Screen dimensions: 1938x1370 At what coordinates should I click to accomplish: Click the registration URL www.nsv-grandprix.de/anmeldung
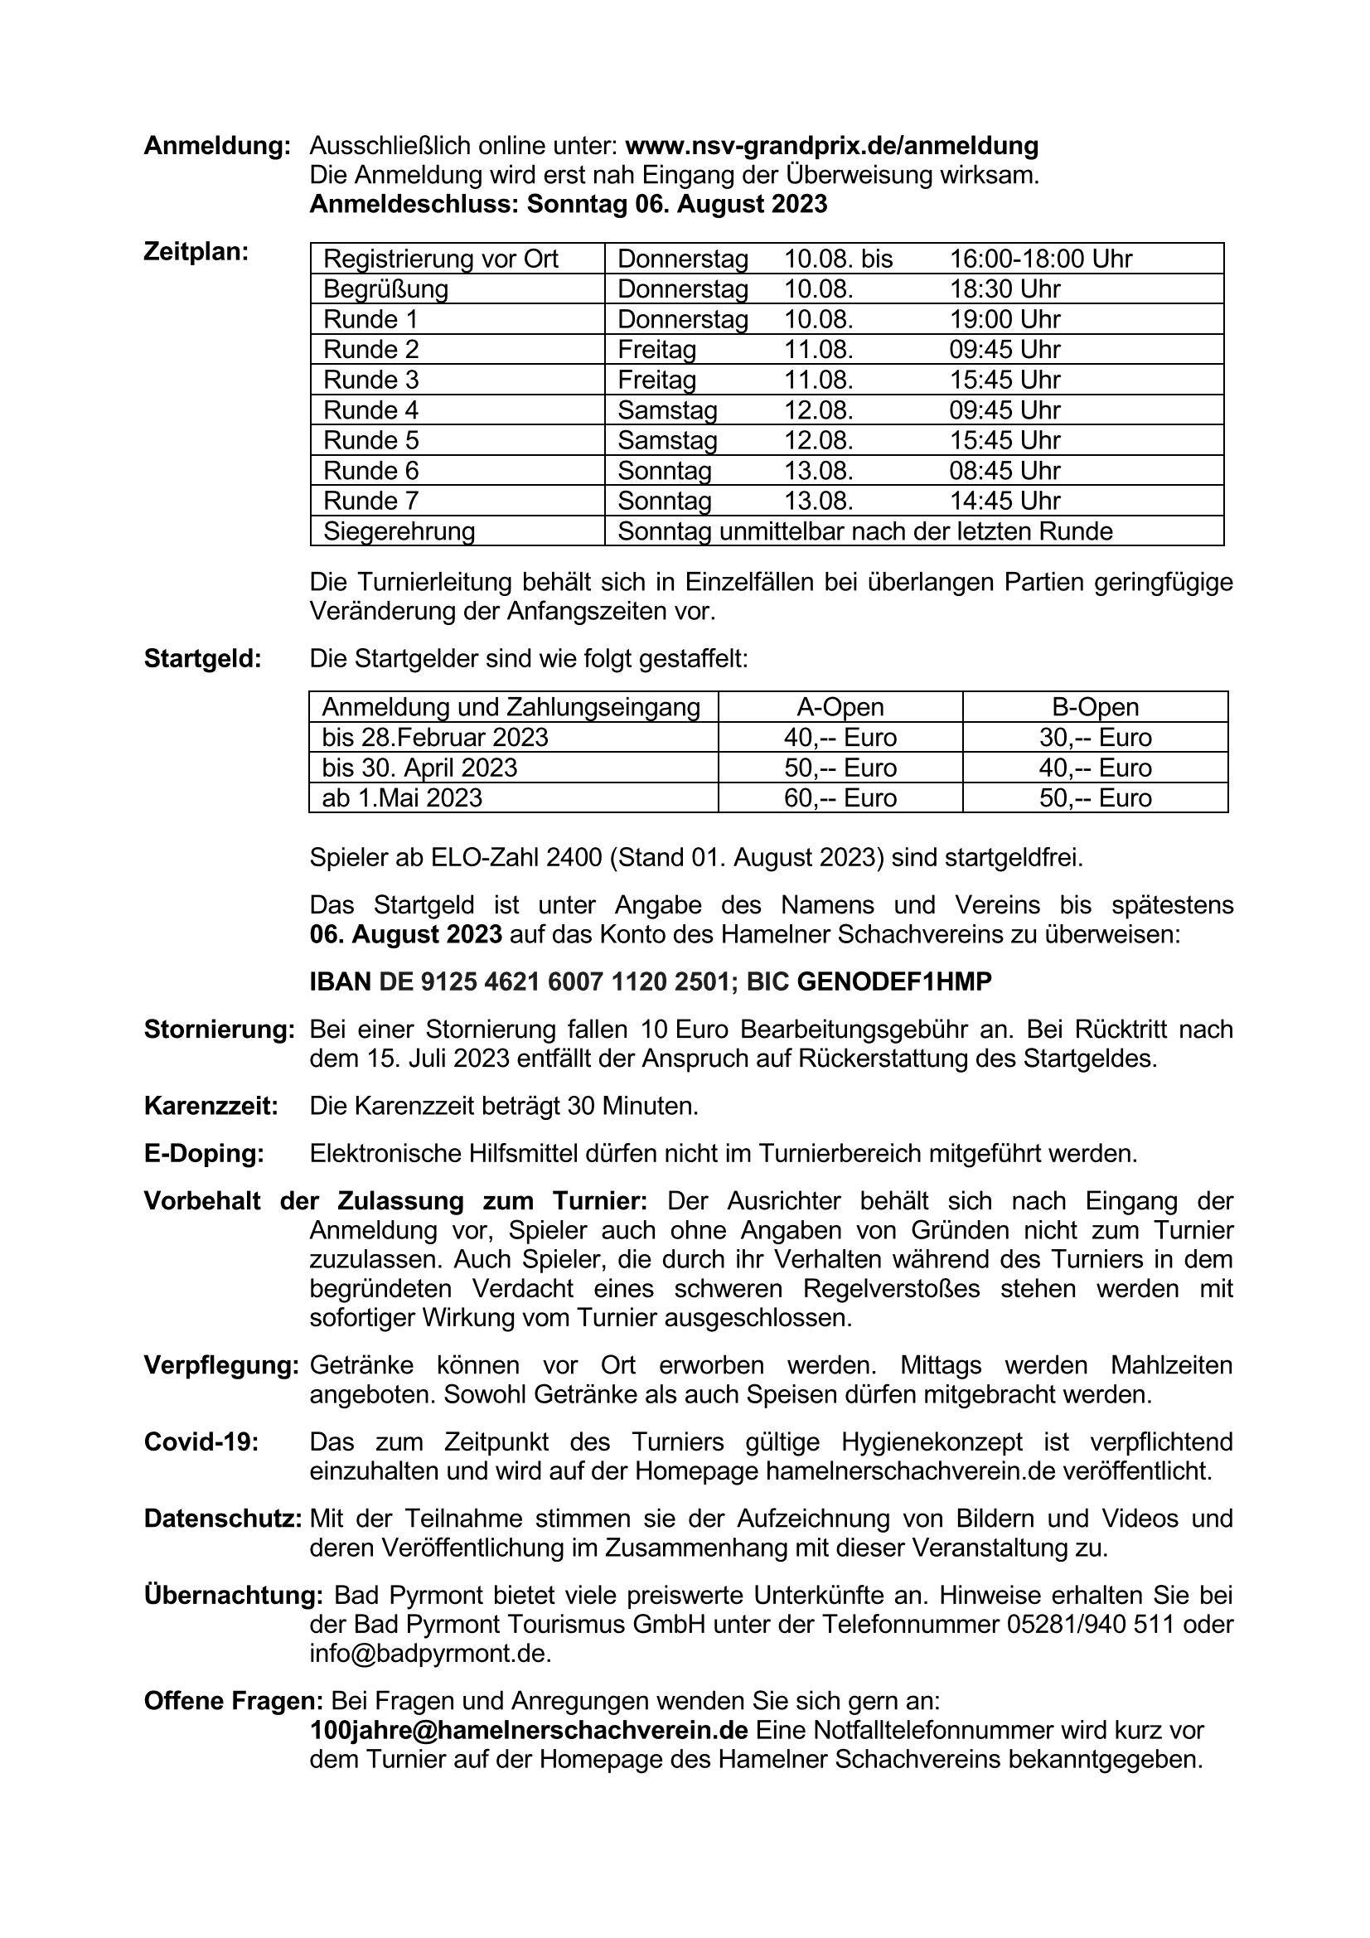[x=830, y=146]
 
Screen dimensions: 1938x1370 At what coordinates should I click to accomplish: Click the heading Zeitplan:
[x=196, y=251]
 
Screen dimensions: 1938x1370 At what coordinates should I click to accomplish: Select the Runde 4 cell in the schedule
[x=370, y=410]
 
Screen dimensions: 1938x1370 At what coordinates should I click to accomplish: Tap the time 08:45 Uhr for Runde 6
[x=1005, y=470]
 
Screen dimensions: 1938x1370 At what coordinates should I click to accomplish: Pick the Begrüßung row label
[x=385, y=288]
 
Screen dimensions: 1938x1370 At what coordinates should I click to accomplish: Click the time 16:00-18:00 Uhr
[x=1041, y=259]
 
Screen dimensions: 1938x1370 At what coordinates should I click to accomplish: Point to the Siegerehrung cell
[x=399, y=531]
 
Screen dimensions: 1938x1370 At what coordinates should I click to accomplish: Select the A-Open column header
[x=840, y=706]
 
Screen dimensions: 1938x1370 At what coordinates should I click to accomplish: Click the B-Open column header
[x=1095, y=706]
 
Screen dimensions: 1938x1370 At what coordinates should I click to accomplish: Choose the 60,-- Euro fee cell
[x=840, y=797]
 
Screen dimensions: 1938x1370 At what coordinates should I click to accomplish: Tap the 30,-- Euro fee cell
[x=1095, y=737]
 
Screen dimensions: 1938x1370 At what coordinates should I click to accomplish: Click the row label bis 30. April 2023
[x=419, y=768]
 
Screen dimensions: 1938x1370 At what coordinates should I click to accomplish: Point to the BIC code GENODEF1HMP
[x=894, y=981]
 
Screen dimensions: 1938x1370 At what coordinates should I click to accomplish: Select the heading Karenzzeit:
[x=211, y=1106]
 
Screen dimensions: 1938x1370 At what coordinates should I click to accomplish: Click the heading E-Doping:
[x=203, y=1153]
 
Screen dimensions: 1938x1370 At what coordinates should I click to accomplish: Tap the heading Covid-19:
[x=201, y=1441]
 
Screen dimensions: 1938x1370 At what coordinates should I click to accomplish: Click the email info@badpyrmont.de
[x=429, y=1653]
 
